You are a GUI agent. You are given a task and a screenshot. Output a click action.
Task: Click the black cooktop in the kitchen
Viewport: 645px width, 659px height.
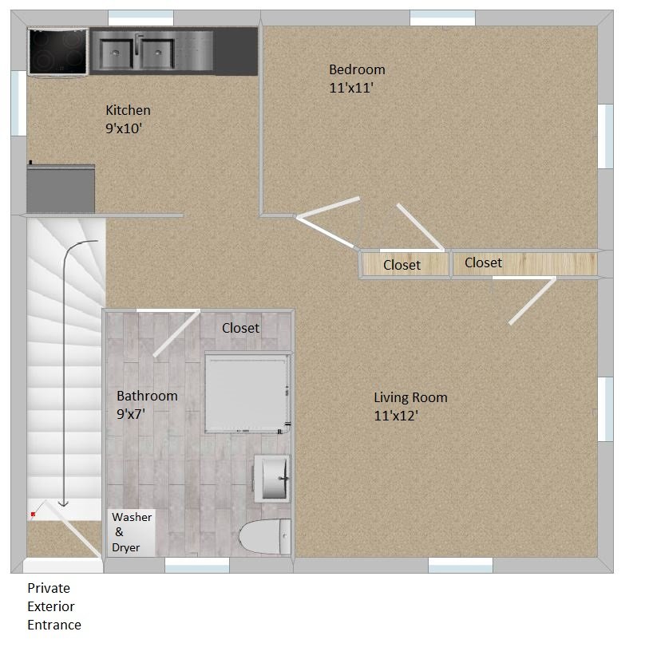click(58, 51)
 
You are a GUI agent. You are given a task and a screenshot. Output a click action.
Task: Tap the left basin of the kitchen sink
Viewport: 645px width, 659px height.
click(118, 53)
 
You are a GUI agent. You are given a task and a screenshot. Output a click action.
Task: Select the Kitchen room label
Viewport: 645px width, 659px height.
click(128, 110)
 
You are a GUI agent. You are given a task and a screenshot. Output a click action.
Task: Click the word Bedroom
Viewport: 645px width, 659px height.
click(357, 69)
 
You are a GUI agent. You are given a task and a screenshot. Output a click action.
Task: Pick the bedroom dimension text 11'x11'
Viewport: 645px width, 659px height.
click(351, 88)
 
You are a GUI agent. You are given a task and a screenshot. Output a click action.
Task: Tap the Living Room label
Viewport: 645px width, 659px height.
click(410, 397)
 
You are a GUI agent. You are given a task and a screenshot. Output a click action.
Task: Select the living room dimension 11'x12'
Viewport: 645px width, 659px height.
click(396, 416)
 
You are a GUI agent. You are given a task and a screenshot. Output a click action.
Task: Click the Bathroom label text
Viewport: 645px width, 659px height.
click(147, 396)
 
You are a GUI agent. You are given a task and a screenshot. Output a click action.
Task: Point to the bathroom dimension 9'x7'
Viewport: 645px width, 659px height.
click(131, 413)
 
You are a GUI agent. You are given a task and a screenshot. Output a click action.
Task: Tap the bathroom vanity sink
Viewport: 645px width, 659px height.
click(271, 479)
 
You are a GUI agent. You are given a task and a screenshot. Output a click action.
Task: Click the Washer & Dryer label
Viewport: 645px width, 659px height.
click(131, 532)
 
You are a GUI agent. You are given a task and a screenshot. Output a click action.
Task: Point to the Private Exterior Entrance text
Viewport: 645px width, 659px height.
click(54, 606)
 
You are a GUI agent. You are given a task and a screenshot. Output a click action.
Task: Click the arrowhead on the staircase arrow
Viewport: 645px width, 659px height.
click(64, 504)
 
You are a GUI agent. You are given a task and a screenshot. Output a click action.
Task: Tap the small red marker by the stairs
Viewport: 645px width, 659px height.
click(33, 515)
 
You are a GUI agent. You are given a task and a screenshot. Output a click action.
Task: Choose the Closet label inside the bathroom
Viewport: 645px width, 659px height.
click(240, 328)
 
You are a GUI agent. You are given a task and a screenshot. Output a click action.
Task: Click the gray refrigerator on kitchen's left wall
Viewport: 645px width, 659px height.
click(61, 188)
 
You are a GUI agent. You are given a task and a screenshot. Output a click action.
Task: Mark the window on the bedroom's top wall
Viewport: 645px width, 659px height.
click(442, 17)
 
